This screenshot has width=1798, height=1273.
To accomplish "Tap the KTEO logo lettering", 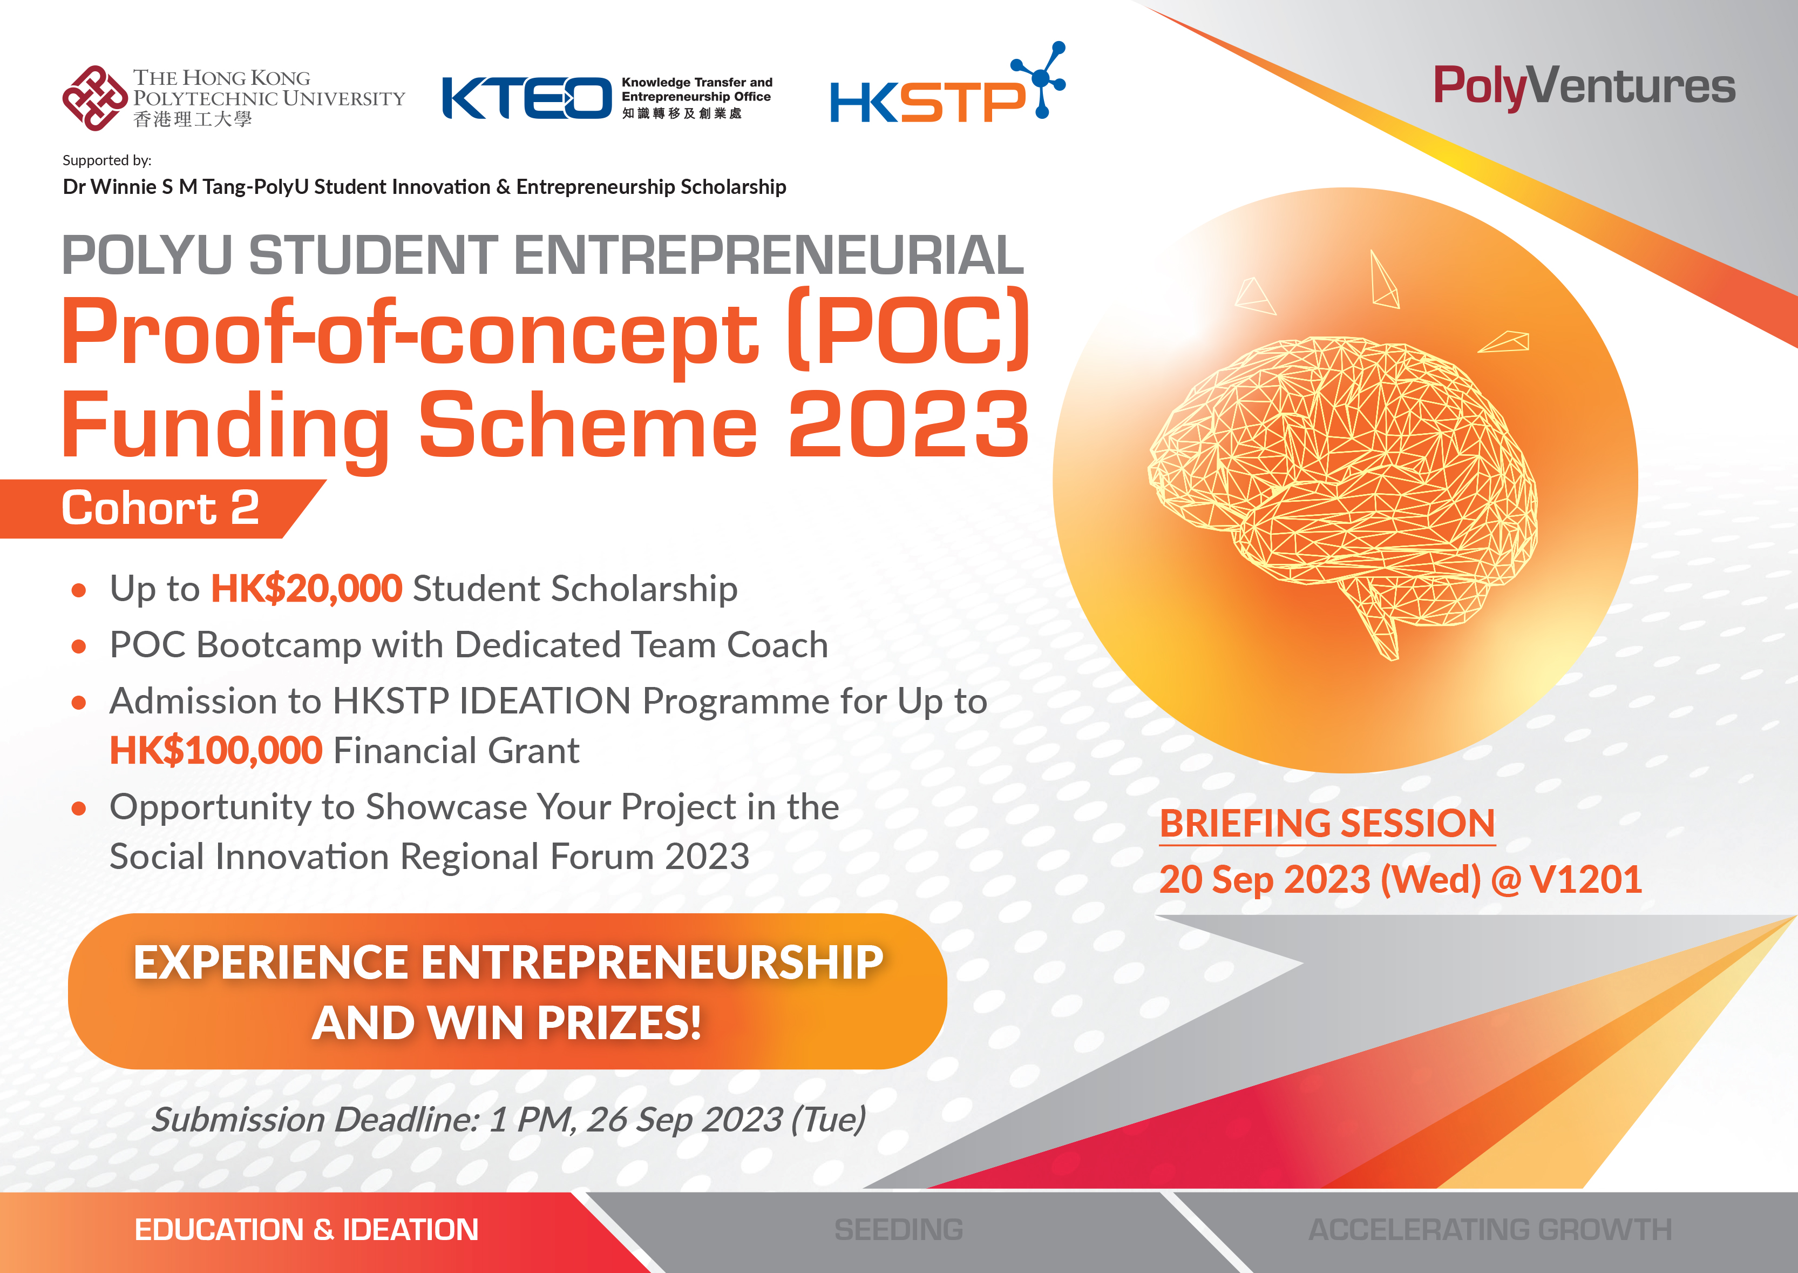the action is [526, 98].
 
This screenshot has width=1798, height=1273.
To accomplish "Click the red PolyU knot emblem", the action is [95, 98].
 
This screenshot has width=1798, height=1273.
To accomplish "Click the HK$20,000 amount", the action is [307, 589].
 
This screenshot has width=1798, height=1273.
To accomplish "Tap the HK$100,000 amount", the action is [215, 751].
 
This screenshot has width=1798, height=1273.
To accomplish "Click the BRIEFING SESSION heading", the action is [1327, 824].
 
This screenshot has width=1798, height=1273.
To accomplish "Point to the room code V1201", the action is [1586, 879].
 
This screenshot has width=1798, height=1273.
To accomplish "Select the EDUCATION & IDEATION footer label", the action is [307, 1230].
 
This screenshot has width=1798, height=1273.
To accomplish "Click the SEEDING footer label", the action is [899, 1230].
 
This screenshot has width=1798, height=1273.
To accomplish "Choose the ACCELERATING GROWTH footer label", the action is [1490, 1230].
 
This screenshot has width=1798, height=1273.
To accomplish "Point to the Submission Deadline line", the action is [508, 1120].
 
